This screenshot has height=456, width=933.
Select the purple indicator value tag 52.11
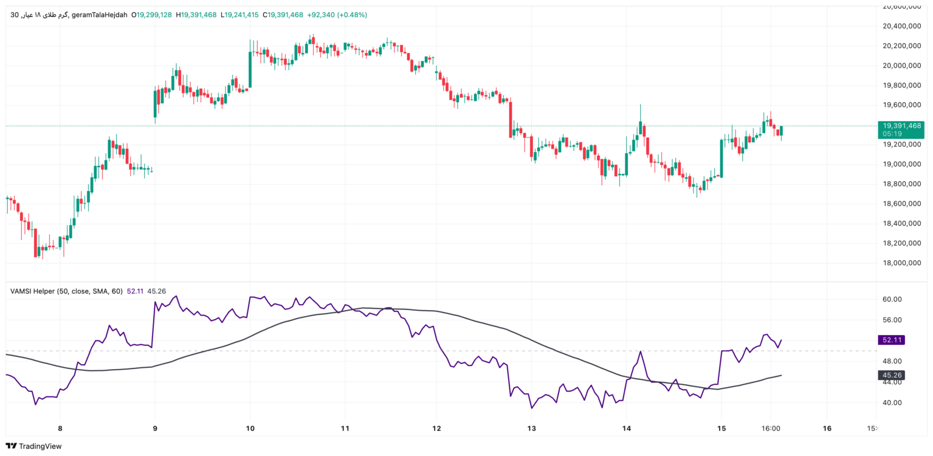point(891,340)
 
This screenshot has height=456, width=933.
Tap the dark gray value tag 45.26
point(891,375)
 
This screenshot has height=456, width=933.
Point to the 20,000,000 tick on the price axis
point(902,66)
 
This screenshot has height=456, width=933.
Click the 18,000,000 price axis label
point(902,263)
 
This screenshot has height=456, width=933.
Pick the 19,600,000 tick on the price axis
point(902,105)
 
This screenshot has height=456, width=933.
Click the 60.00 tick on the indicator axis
point(891,299)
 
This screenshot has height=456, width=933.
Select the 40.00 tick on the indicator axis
point(891,402)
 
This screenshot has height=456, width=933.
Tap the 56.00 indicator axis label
point(891,320)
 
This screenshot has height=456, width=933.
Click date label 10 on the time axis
point(250,428)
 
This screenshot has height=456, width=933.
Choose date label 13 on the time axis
point(531,428)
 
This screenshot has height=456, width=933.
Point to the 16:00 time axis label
point(770,428)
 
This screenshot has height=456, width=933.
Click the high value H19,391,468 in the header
point(196,15)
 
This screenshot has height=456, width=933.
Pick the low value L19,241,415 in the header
point(240,15)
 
